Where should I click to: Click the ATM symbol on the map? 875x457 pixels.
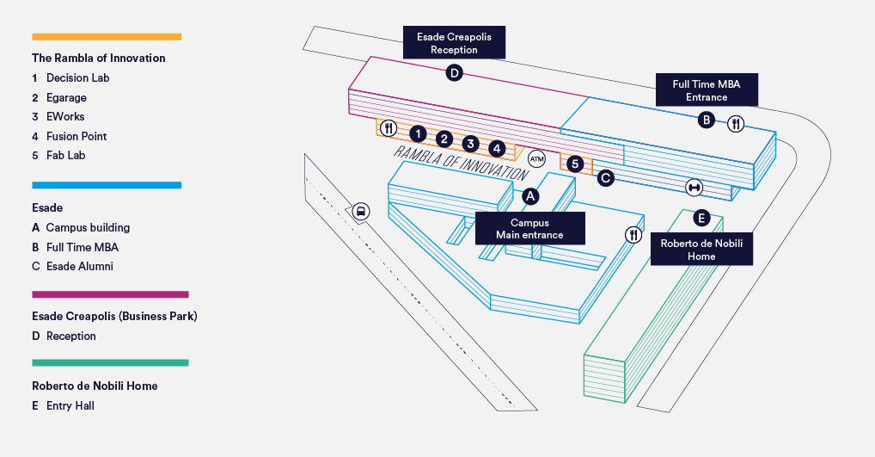(537, 158)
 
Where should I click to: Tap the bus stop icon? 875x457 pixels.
(361, 211)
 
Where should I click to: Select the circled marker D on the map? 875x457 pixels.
(455, 73)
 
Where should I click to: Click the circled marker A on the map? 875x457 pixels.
(530, 196)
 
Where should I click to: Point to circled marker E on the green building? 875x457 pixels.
(701, 218)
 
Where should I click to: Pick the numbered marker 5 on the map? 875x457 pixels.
(576, 164)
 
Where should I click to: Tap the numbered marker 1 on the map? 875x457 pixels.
(418, 133)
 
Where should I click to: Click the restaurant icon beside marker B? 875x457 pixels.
(736, 124)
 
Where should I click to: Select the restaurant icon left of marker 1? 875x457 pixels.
(389, 128)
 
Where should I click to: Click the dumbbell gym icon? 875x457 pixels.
(693, 187)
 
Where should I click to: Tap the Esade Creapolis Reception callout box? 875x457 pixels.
(454, 43)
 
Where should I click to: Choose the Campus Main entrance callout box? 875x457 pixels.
(530, 229)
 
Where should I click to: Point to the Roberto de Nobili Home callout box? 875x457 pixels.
(701, 250)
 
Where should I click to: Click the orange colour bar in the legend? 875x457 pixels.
(107, 37)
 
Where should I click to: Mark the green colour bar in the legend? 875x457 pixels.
(110, 363)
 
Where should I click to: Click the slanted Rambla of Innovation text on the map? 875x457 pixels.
(461, 162)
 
